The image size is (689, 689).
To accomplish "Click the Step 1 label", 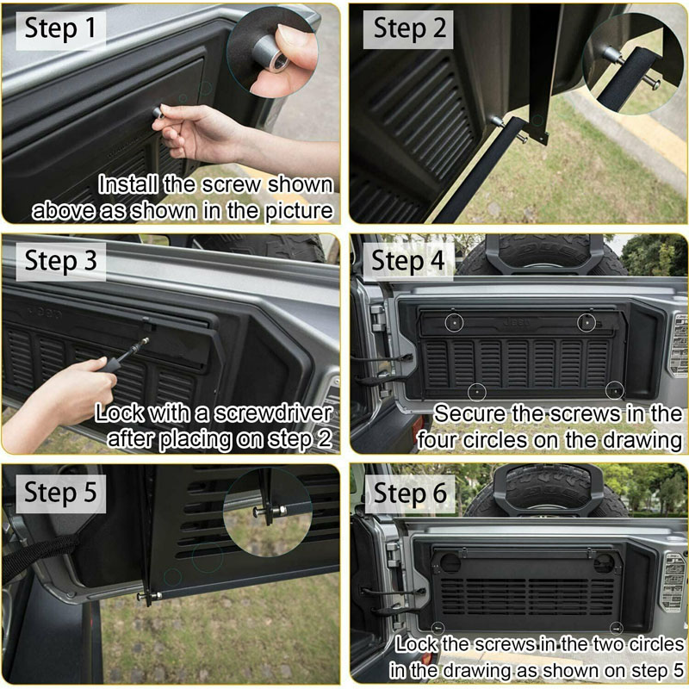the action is [x=60, y=29].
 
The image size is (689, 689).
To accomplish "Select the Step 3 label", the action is [x=60, y=261].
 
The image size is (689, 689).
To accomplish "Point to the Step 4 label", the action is [x=408, y=261].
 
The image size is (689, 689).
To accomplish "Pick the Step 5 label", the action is [x=60, y=493].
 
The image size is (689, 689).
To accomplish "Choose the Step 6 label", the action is [x=411, y=493].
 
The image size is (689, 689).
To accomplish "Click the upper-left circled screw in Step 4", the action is [x=454, y=322].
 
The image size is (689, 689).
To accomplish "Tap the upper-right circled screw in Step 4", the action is [x=587, y=323].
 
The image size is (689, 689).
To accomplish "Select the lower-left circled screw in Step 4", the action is [x=477, y=392].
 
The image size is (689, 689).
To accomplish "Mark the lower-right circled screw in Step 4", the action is [x=615, y=390].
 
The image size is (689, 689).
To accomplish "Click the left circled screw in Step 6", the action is [x=438, y=628].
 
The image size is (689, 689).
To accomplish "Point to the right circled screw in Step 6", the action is [x=617, y=628].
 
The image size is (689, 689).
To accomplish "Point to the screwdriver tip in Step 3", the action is [x=146, y=339].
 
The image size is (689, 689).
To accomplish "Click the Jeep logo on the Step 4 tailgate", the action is [x=517, y=323].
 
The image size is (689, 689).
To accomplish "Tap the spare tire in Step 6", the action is [x=547, y=490].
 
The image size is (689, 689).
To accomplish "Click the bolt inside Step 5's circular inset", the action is [x=270, y=511].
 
